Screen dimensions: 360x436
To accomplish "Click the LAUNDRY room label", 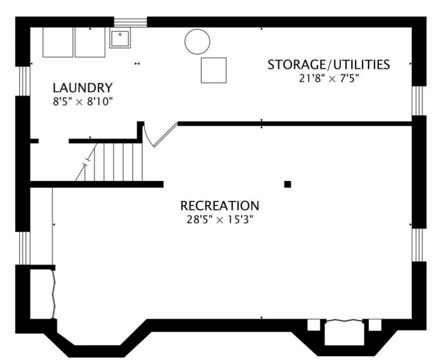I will [x=83, y=88].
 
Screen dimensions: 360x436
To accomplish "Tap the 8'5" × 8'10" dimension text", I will [x=83, y=101].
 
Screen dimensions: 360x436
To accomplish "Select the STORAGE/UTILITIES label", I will [x=328, y=64].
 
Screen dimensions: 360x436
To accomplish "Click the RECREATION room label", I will [x=220, y=205].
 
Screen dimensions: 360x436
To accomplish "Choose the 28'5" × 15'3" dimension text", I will [x=220, y=219].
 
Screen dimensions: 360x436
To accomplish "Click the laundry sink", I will [x=120, y=38].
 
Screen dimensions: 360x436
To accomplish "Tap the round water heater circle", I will [x=197, y=41].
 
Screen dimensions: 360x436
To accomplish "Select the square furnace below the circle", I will [x=214, y=70].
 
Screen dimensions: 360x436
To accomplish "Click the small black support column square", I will [x=288, y=184].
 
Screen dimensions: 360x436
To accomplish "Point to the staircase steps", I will [x=118, y=161].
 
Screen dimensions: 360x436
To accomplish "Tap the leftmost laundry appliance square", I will [x=58, y=42].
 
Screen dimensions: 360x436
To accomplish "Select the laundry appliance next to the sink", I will [x=90, y=42].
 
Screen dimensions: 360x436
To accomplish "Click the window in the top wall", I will [x=130, y=22].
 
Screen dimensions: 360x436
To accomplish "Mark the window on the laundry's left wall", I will [x=23, y=80].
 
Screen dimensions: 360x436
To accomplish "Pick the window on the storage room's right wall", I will [x=418, y=100].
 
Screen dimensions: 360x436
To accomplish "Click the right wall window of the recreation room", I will [x=418, y=244].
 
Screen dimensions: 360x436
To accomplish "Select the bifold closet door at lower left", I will [x=54, y=292].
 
